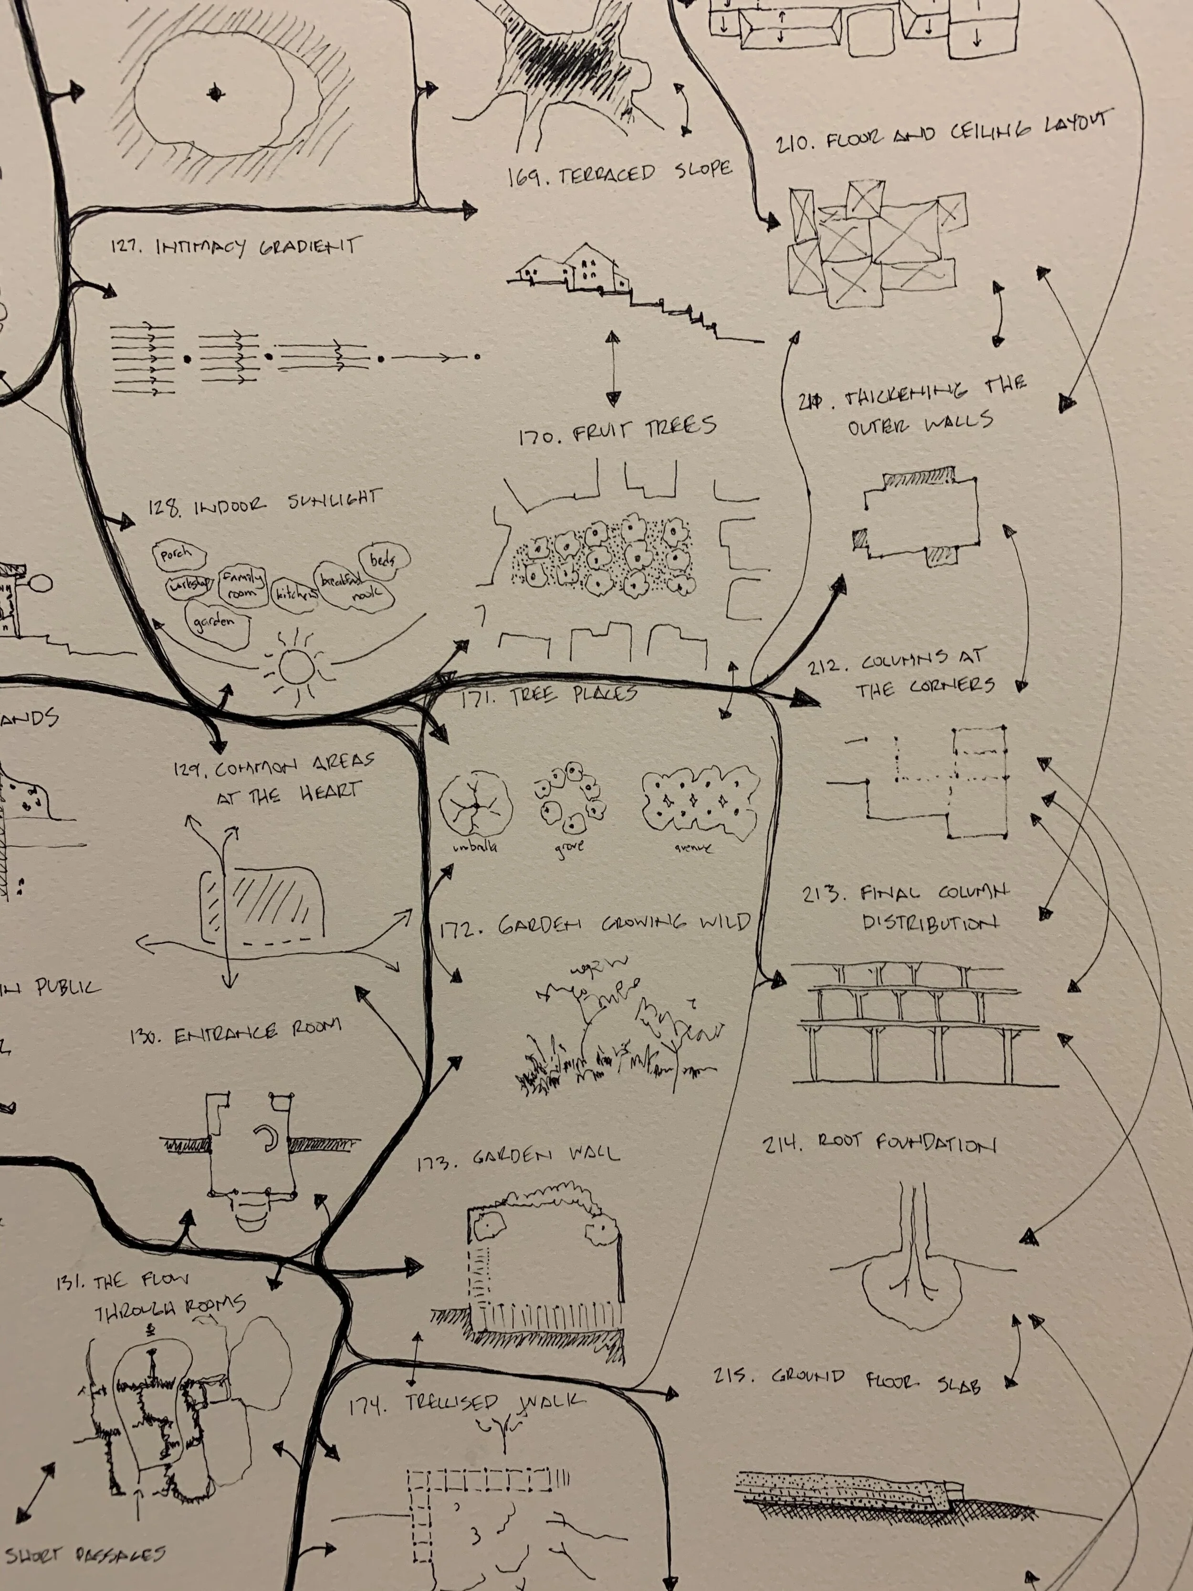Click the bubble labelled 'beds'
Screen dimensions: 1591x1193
point(387,558)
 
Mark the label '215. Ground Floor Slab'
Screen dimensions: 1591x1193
point(847,1379)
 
